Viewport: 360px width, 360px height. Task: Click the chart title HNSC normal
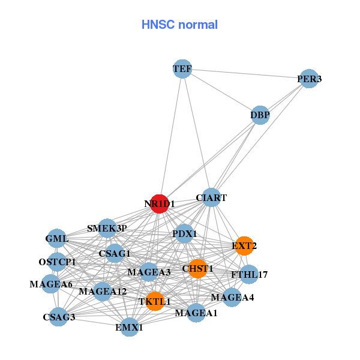[x=179, y=25]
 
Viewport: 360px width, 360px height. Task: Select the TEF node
[x=182, y=69]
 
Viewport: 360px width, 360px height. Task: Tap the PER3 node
[x=308, y=79]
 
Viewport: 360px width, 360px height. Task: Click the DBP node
[x=260, y=115]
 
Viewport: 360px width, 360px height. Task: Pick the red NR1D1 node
[x=159, y=204]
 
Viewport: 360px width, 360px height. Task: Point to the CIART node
[x=211, y=197]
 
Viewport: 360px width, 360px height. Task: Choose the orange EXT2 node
[x=244, y=245]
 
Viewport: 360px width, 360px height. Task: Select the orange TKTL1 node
[x=155, y=301]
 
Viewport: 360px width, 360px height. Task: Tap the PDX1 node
[x=184, y=233]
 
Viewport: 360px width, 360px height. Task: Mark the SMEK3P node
[x=107, y=228]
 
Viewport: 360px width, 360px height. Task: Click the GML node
[x=57, y=238]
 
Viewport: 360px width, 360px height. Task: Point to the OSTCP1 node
[x=58, y=262]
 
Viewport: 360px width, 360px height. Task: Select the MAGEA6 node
[x=51, y=284]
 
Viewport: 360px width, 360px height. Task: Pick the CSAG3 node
[x=59, y=316]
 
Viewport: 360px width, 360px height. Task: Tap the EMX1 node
[x=130, y=327]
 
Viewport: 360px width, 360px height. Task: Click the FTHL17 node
[x=249, y=275]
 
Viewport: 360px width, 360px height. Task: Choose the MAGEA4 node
[x=232, y=297]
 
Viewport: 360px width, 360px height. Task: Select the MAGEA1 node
[x=196, y=313]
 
